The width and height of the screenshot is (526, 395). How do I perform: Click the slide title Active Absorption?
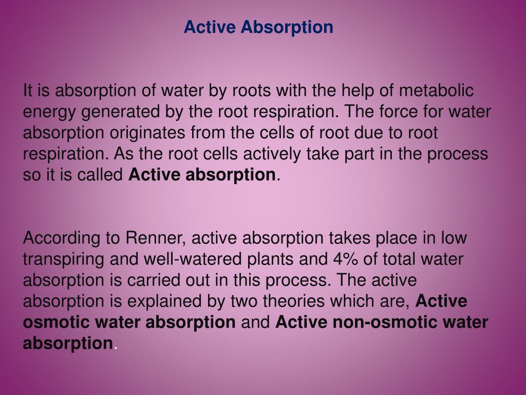pyautogui.click(x=258, y=27)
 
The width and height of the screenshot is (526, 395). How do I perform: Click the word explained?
pyautogui.click(x=189, y=301)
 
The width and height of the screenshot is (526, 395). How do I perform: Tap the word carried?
pyautogui.click(x=160, y=280)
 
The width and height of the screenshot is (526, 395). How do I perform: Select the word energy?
pyautogui.click(x=46, y=112)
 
